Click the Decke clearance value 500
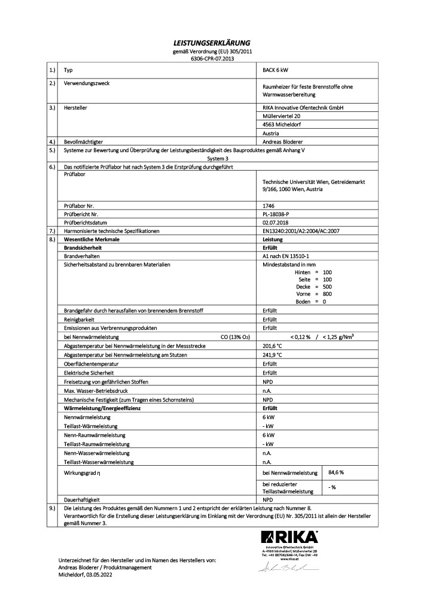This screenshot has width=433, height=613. tap(327, 286)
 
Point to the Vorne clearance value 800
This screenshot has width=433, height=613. tap(327, 293)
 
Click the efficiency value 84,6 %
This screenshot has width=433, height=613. tap(337, 472)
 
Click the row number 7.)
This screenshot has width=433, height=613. tap(51, 230)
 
